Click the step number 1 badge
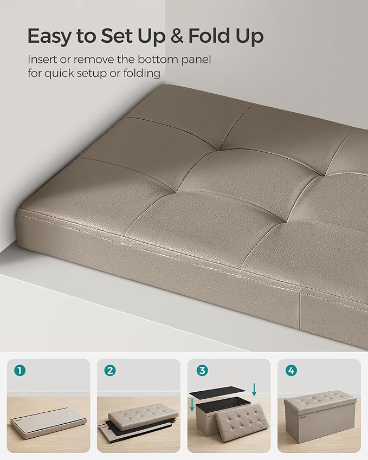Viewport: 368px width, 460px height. point(20,371)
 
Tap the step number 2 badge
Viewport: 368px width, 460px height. point(110,371)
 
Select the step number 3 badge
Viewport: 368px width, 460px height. point(202,371)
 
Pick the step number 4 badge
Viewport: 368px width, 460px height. point(291,371)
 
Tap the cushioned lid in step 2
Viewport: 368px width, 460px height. point(143,413)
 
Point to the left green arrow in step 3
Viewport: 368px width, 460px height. point(192,405)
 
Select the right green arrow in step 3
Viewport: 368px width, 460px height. point(254,390)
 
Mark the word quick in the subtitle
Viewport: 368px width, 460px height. point(60,73)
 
